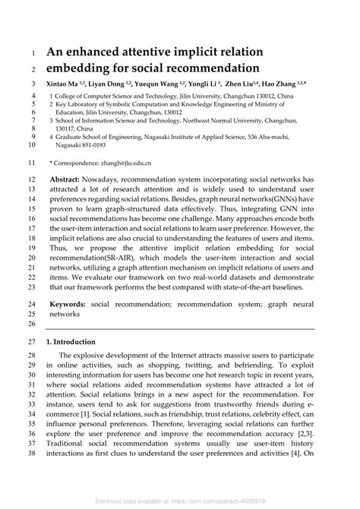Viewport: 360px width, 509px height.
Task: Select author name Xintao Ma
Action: tap(66, 84)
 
